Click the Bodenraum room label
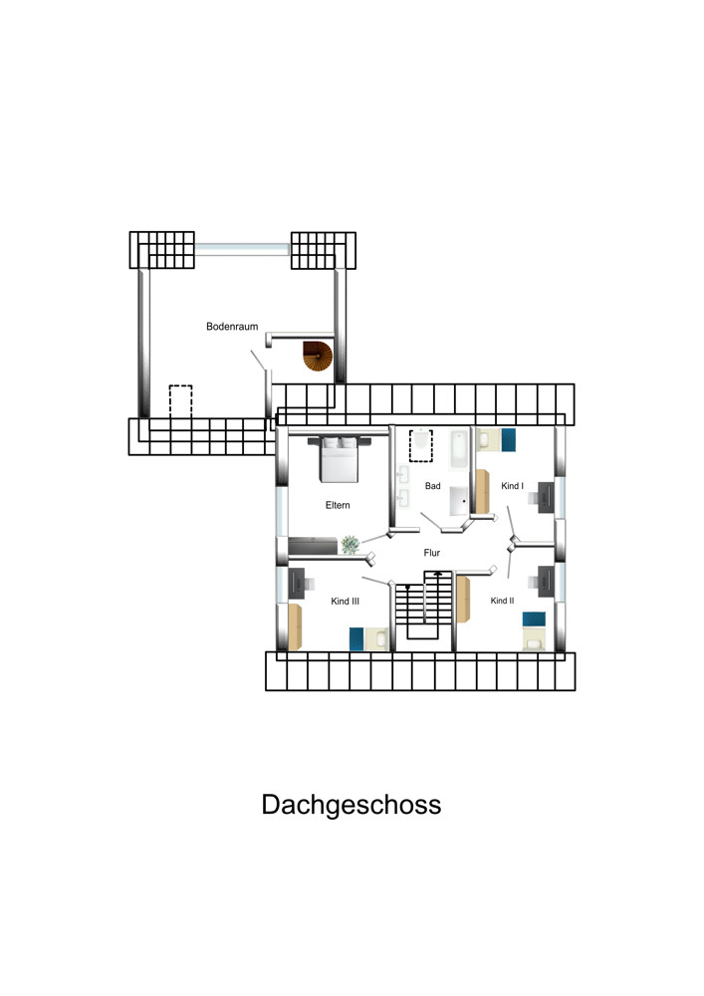point(232,327)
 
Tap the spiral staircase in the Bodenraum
point(318,356)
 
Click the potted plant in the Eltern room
point(350,545)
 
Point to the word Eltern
point(338,505)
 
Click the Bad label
point(432,486)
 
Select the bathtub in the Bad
point(458,449)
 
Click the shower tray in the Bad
point(459,501)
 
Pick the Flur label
point(432,553)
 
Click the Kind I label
point(512,486)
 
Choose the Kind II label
point(502,601)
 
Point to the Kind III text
point(345,601)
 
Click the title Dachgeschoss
point(352,805)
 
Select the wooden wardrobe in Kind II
point(463,599)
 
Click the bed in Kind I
point(496,439)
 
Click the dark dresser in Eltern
point(313,546)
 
